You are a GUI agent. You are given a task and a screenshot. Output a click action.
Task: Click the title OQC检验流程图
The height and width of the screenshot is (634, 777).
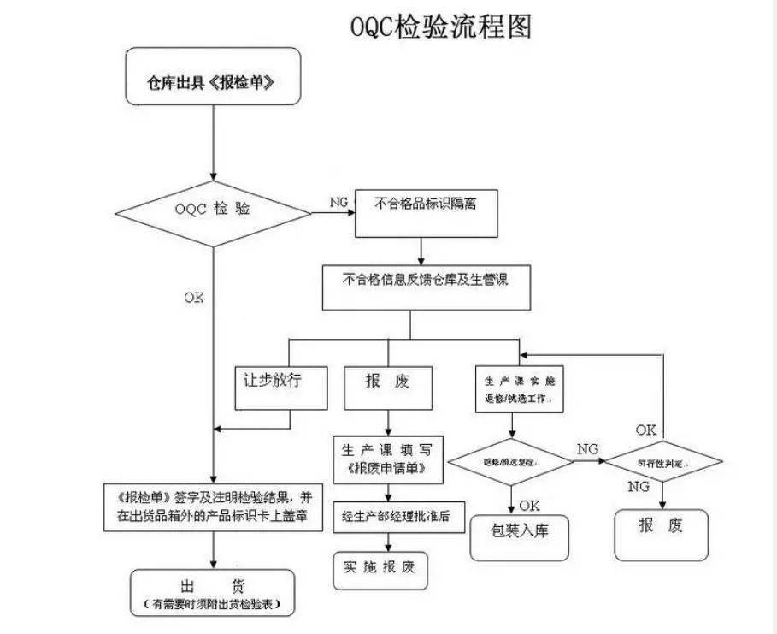441,27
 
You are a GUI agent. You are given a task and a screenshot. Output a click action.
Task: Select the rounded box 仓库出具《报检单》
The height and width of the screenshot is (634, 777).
213,86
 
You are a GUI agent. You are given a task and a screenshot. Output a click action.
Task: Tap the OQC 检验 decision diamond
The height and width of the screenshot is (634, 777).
213,210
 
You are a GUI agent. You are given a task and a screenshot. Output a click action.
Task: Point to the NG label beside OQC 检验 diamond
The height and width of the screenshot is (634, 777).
338,202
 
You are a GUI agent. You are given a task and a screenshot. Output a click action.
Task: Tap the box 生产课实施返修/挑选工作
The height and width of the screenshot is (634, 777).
519,389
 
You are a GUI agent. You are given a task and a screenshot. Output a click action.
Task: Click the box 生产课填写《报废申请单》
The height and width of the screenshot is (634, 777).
389,459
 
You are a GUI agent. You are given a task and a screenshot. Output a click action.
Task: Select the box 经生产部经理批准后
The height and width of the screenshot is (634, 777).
397,517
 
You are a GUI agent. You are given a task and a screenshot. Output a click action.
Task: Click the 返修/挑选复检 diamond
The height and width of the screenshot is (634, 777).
511,463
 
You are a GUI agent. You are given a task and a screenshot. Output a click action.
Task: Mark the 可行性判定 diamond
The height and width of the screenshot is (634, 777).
663,461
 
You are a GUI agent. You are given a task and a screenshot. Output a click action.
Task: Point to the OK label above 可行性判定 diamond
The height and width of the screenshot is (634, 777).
646,428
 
